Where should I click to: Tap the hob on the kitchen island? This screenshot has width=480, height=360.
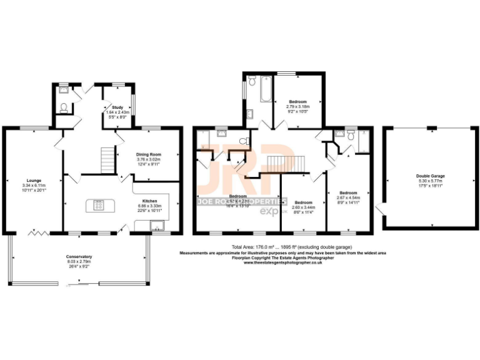pyautogui.click(x=99, y=204)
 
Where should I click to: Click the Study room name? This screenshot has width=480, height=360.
pyautogui.click(x=117, y=107)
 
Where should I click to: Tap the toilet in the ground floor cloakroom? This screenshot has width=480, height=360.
pyautogui.click(x=63, y=107)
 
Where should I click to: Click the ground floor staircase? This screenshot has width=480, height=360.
pyautogui.click(x=108, y=161)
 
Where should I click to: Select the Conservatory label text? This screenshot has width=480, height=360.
pyautogui.click(x=79, y=257)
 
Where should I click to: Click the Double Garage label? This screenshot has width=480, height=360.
pyautogui.click(x=430, y=176)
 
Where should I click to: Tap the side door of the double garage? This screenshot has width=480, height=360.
pyautogui.click(x=379, y=211)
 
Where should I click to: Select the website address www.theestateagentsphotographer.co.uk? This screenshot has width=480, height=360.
pyautogui.click(x=282, y=262)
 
